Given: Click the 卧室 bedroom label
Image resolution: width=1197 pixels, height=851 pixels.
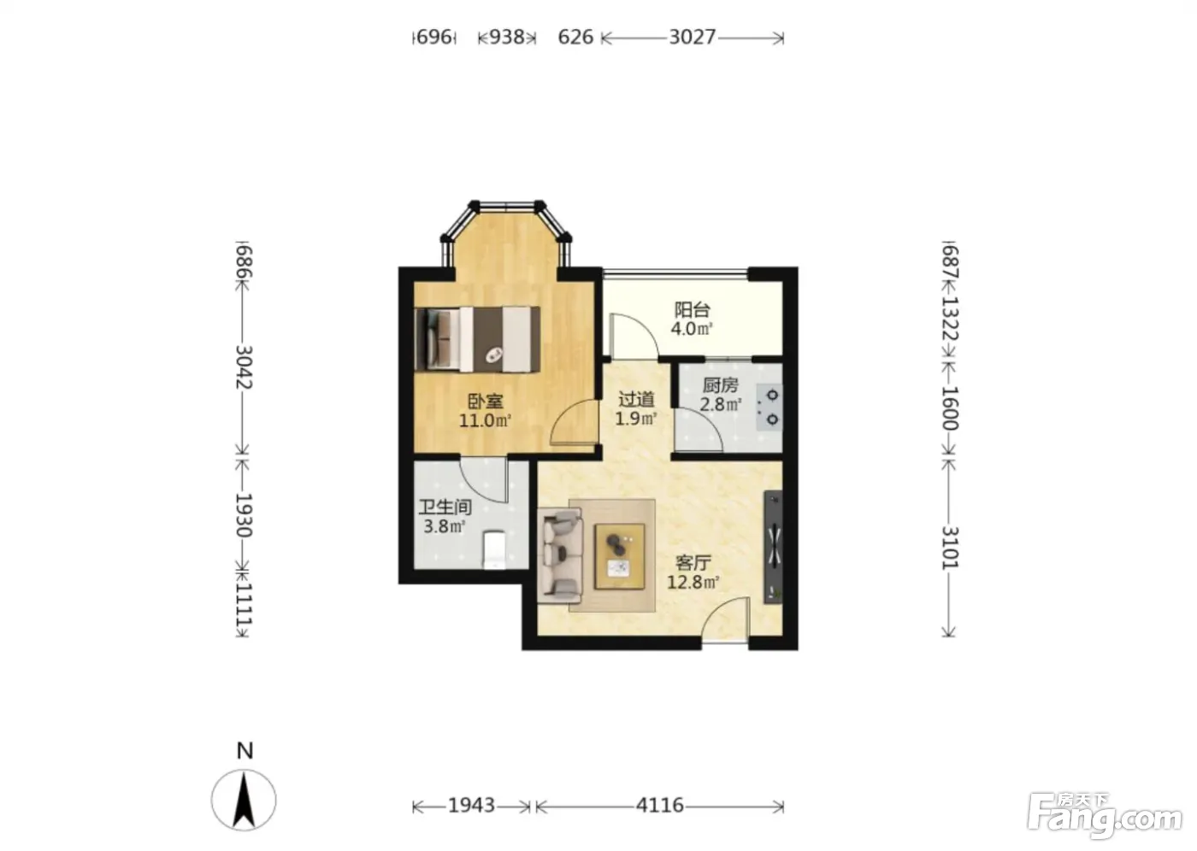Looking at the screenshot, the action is tap(486, 401).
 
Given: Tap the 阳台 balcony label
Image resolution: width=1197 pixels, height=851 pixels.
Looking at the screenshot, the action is tap(692, 309).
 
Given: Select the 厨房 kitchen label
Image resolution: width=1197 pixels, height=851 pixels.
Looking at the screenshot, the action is tap(720, 384).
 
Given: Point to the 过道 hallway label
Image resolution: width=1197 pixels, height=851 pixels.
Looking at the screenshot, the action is tap(636, 399).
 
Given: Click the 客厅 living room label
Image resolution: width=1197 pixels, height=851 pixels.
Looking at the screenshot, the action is tap(693, 562).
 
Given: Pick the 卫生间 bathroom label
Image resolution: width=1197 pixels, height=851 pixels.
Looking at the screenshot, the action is tap(445, 507).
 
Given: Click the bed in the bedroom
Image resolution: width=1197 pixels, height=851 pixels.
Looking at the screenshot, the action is tap(477, 338).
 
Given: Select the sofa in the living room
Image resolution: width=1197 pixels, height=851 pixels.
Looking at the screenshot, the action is tap(560, 555).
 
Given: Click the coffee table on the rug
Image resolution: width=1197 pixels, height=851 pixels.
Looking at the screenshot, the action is tap(620, 556).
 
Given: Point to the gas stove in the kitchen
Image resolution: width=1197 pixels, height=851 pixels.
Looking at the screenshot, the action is tap(769, 408).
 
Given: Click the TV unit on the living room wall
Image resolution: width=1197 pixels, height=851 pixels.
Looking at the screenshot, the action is tap(773, 547).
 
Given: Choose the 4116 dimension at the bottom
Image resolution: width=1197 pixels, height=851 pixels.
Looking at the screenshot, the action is tap(659, 805).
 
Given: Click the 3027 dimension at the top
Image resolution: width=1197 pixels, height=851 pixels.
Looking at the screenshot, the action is tap(693, 37).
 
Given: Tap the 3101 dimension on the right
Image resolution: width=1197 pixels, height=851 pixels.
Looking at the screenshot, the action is tap(950, 548).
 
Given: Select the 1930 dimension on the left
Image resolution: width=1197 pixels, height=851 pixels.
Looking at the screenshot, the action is tap(243, 514).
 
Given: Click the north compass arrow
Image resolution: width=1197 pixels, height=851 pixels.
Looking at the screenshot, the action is tap(244, 800).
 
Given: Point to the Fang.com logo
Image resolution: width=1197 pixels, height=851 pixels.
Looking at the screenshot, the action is tap(1105, 818).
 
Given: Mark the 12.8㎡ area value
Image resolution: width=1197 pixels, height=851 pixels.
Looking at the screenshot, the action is tap(693, 581).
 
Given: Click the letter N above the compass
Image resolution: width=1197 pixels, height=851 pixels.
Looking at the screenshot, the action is tap(245, 751).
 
